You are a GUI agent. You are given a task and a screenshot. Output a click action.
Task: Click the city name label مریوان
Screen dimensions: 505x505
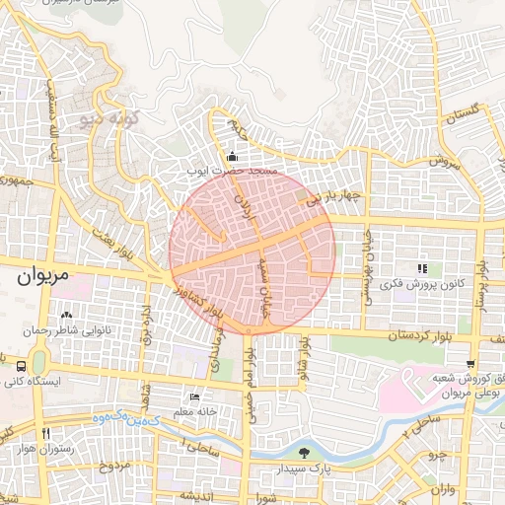pos(43,276)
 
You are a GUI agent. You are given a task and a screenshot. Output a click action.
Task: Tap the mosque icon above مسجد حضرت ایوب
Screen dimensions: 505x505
pos(232,156)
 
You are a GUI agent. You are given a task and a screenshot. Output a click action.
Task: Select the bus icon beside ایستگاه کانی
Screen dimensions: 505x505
pos(22,365)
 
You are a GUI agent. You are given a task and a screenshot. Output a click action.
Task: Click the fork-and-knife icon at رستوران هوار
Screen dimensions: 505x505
pos(45,433)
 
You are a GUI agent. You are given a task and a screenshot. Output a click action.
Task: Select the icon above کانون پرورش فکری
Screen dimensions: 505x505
pos(421,267)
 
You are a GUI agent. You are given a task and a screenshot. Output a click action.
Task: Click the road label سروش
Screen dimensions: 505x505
pos(444,163)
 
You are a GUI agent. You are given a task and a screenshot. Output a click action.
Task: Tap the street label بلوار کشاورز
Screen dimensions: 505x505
pos(189,298)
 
